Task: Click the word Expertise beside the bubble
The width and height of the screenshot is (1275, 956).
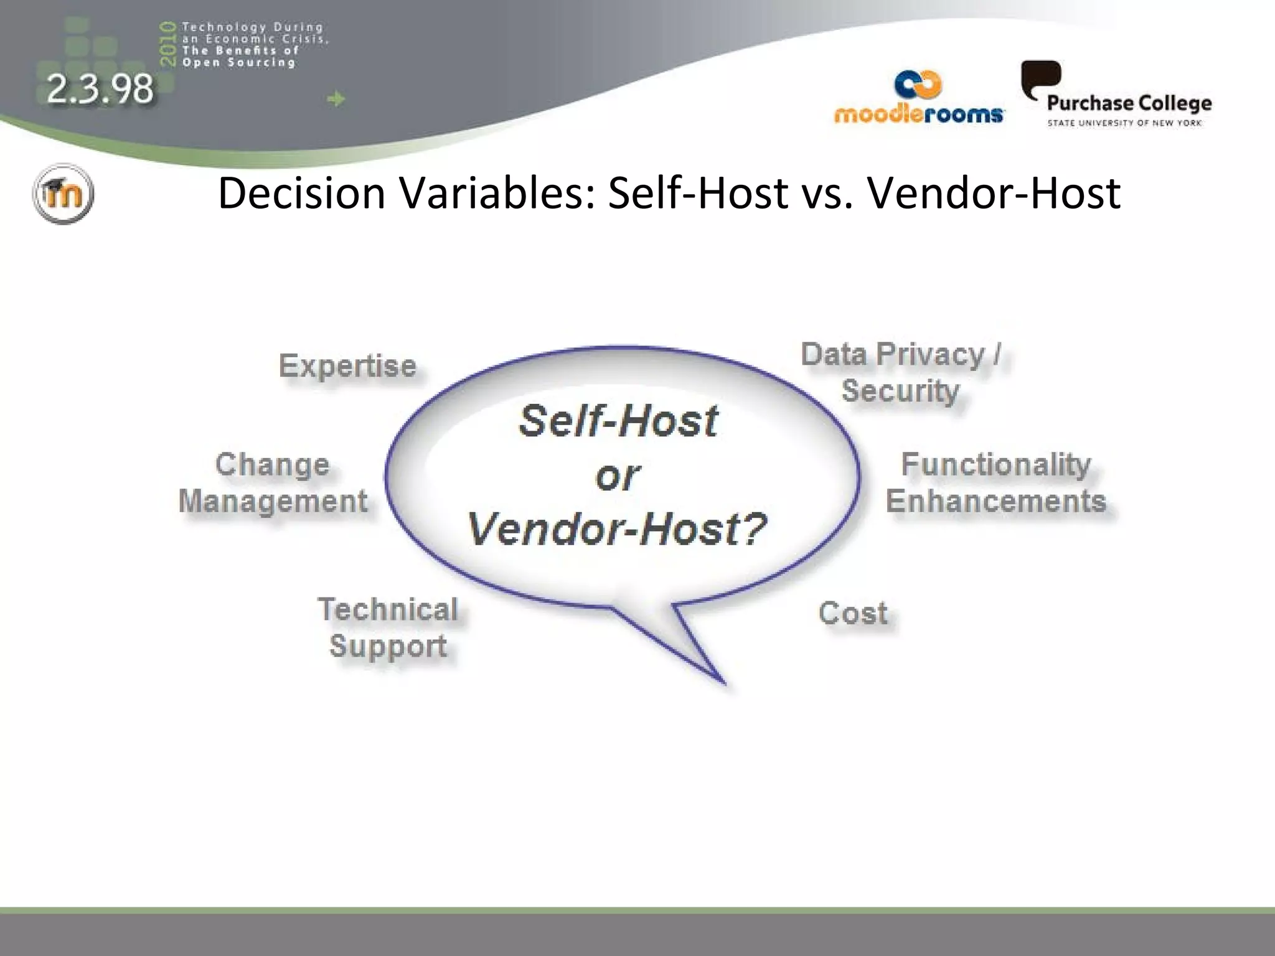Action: tap(347, 366)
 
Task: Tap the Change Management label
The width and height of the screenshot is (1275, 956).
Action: tap(273, 483)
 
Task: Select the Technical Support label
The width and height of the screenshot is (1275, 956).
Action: tap(388, 627)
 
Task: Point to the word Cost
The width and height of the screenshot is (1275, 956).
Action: tap(853, 613)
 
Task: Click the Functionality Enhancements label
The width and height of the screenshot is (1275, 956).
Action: tap(995, 483)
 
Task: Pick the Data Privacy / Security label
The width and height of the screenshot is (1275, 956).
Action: tap(900, 372)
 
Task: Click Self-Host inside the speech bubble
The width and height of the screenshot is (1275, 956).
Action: tap(618, 421)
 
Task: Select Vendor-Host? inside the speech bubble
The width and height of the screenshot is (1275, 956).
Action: tap(616, 529)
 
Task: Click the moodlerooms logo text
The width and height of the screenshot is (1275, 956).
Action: tap(918, 115)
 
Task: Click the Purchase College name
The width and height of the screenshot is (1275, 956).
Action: tap(1129, 103)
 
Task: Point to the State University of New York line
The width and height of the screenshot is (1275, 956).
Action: tap(1124, 123)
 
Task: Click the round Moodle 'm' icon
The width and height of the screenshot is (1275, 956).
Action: tap(63, 194)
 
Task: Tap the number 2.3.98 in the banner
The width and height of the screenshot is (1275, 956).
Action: tap(100, 88)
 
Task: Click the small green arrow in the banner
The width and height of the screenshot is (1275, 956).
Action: tap(336, 99)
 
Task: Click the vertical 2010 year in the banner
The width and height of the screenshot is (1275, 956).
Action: tap(167, 44)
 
